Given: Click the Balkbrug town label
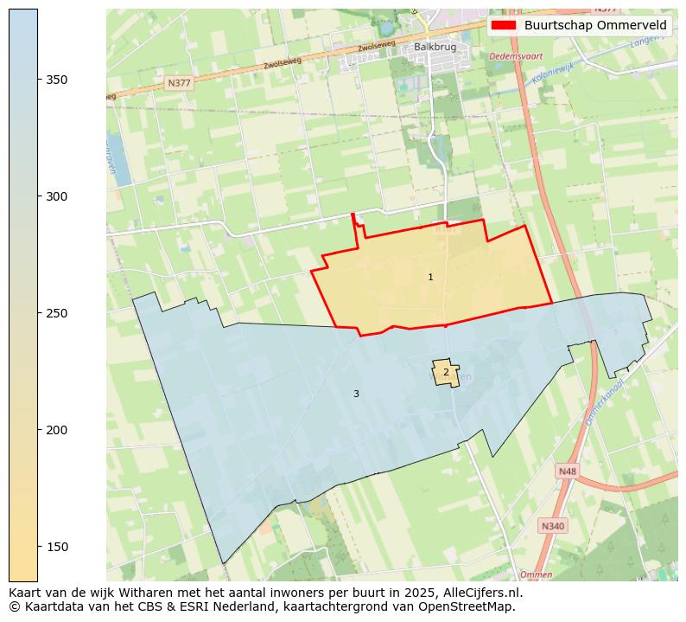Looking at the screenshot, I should click(435, 47).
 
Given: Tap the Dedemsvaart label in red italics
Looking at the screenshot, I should click(516, 56).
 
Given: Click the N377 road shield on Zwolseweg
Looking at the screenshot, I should click(179, 83).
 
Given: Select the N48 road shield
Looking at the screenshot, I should click(567, 471).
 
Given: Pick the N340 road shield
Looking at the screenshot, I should click(552, 526).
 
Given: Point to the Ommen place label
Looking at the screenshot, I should click(536, 574).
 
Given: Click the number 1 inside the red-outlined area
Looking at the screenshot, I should click(430, 277).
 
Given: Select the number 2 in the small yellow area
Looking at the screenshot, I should click(446, 372).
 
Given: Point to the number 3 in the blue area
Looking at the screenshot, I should click(356, 394).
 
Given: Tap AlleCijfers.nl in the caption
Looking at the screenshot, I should click(480, 593).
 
